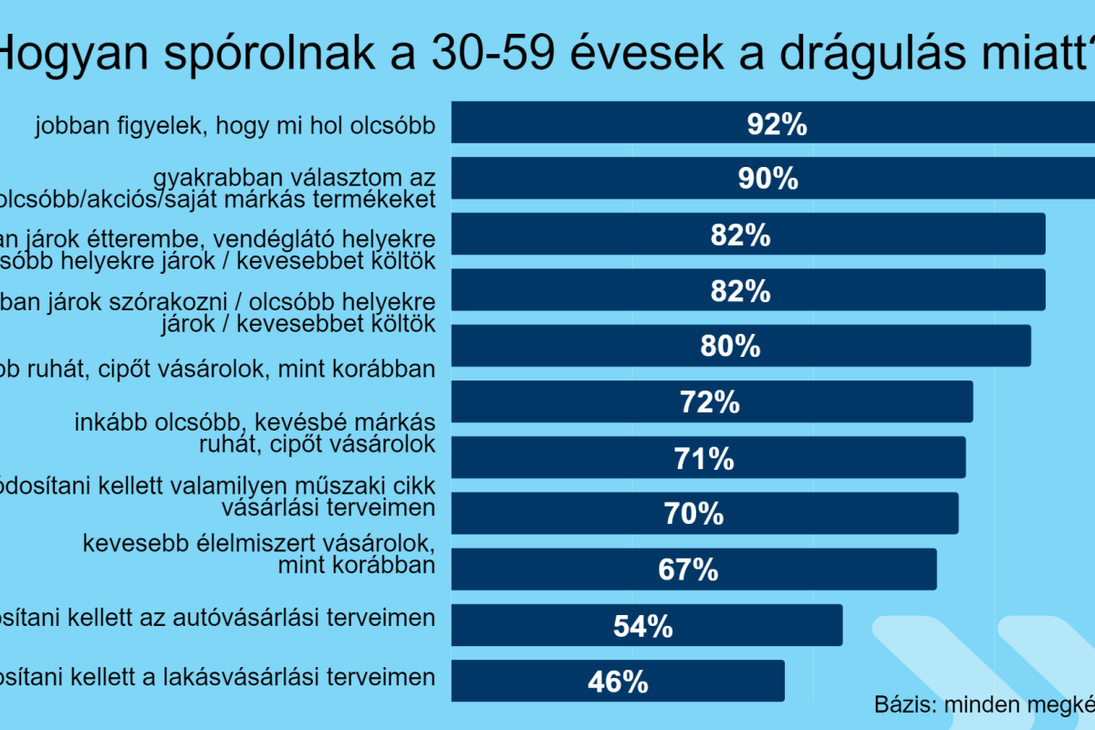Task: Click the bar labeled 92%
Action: [639, 122]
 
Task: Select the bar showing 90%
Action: [639, 178]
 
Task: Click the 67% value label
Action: [688, 569]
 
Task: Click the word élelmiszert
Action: [249, 544]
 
